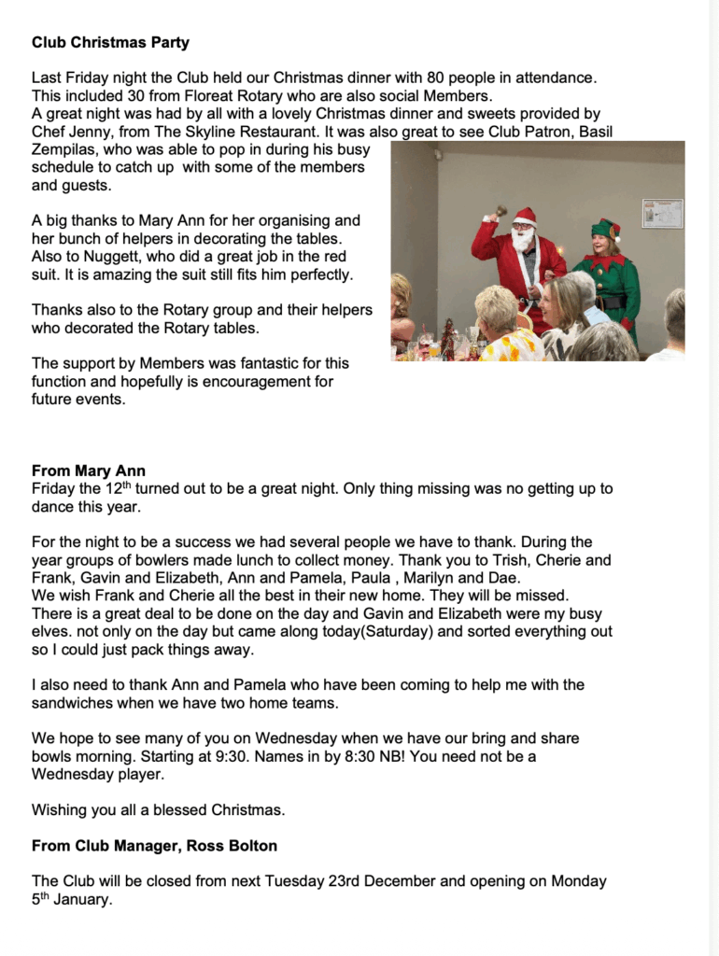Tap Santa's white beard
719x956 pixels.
tap(523, 239)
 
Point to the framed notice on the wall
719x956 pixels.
tap(662, 213)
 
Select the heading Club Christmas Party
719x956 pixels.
tap(110, 42)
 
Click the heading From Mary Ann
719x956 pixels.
tap(89, 471)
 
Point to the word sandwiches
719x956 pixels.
tap(72, 702)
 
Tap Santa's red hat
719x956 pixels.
tap(525, 216)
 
